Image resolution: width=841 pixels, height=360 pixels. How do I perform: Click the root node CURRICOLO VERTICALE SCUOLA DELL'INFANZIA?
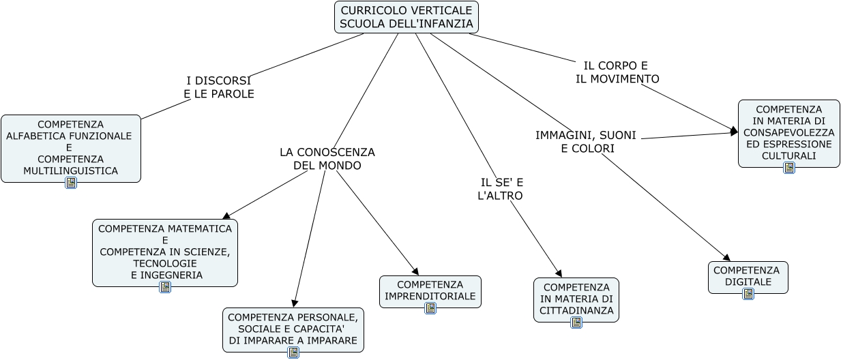tap(406, 17)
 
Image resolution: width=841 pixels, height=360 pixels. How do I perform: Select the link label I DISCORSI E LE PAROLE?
tap(218, 87)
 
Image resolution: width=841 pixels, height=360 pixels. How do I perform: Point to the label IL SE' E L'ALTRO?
tap(501, 189)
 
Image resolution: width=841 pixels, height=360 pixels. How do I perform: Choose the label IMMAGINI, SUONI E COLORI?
tap(586, 142)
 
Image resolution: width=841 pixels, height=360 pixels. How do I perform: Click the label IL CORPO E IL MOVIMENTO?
tap(617, 72)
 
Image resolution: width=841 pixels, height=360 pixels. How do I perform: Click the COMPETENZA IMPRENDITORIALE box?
tap(430, 290)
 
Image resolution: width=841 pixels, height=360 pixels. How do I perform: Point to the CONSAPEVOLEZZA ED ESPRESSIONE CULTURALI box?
tap(788, 132)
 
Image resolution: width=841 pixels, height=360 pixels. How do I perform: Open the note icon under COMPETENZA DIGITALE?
tap(748, 294)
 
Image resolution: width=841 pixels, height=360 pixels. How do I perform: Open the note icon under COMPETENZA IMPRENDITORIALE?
tap(430, 308)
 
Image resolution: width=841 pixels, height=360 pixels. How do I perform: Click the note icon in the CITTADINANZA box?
tap(576, 322)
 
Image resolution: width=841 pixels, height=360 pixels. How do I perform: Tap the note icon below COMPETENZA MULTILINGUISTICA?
tap(71, 183)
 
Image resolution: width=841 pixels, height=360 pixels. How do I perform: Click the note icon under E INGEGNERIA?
tap(165, 287)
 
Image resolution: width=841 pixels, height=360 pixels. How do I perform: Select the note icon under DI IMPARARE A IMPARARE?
tap(293, 352)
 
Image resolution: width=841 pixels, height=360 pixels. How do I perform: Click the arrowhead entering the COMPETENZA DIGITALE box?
tap(726, 258)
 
